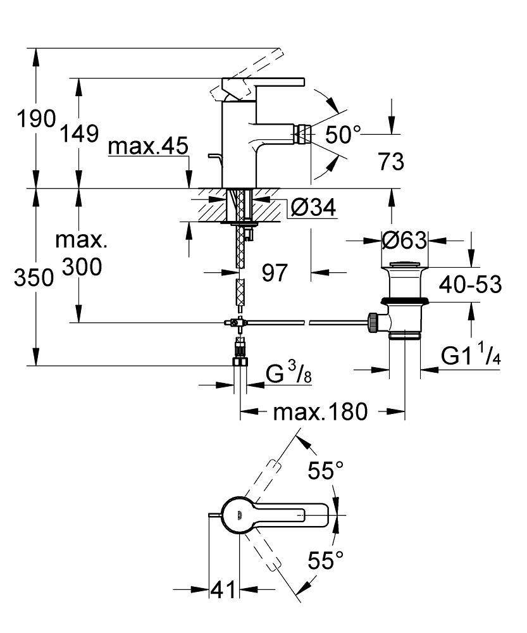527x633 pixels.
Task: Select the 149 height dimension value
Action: (x=80, y=134)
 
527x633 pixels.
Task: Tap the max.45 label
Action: (x=148, y=147)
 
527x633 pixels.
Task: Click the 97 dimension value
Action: (x=275, y=273)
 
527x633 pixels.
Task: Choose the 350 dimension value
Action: (x=33, y=278)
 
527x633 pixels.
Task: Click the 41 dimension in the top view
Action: (x=222, y=589)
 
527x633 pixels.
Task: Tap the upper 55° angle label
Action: (x=326, y=470)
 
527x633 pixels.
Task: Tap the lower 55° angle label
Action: (x=326, y=560)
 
